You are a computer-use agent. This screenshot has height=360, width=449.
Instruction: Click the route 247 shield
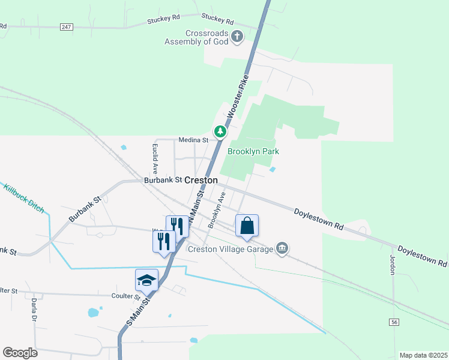67,27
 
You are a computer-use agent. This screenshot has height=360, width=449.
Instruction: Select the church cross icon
237,37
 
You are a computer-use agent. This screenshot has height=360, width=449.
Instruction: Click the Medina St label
193,140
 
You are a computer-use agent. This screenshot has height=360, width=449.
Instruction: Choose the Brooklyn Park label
253,152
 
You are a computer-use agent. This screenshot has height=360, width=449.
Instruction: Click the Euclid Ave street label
155,158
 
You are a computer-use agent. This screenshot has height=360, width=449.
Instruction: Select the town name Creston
201,180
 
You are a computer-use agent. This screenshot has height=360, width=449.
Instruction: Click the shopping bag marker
247,226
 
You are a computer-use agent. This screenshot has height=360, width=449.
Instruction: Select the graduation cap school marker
146,280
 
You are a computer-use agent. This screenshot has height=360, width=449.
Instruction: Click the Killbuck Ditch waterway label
24,200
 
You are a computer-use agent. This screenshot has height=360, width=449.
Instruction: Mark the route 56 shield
394,323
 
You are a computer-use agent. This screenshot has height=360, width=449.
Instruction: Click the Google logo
20,353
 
